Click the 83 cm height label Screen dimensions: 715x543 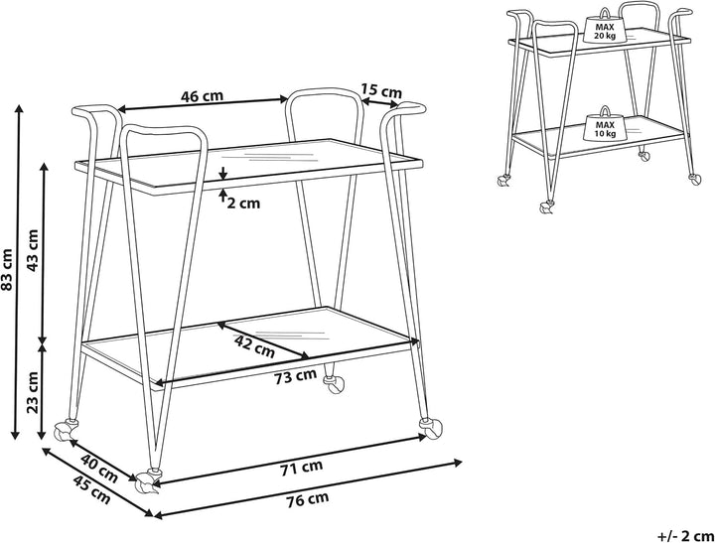click(x=7, y=269)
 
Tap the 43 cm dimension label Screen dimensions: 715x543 click(x=33, y=250)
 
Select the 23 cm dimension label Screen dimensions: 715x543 click(x=33, y=392)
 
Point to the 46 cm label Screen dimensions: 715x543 click(x=202, y=96)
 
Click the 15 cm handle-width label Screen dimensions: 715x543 click(x=381, y=90)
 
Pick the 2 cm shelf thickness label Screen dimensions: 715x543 click(x=243, y=203)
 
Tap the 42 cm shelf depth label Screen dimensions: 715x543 click(x=254, y=346)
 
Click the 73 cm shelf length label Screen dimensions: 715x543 click(x=296, y=376)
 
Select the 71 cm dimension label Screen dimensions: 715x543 click(x=302, y=468)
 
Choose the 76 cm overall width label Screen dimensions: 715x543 click(x=308, y=499)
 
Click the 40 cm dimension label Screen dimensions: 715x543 click(x=99, y=469)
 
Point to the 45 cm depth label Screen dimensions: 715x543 click(x=92, y=489)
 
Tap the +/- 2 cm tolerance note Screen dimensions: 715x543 click(x=685, y=535)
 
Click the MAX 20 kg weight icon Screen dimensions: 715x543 click(x=604, y=27)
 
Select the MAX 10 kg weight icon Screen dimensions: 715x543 click(x=605, y=123)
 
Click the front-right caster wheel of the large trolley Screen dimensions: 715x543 click(x=430, y=428)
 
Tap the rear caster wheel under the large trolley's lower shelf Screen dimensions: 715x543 click(x=334, y=383)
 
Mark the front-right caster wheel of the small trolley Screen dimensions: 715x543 click(x=694, y=180)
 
